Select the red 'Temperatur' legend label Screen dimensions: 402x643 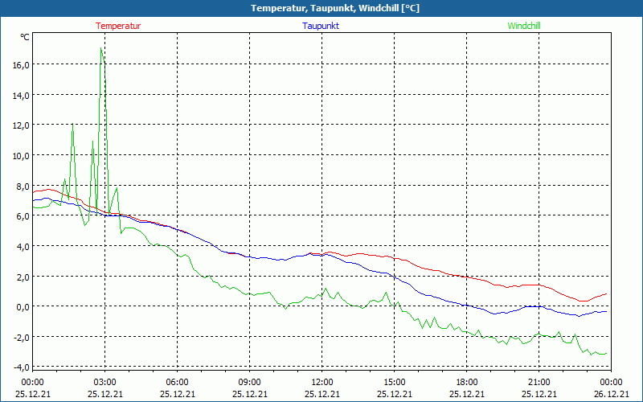tap(118, 26)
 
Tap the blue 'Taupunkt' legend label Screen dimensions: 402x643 tap(321, 26)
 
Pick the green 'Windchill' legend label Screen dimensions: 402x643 tap(524, 26)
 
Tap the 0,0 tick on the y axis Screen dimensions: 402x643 tap(22, 306)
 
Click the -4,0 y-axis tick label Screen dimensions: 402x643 tap(19, 367)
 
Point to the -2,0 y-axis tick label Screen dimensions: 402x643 tap(19, 337)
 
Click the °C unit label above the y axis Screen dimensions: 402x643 tap(25, 37)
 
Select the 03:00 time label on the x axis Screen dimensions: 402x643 tap(104, 382)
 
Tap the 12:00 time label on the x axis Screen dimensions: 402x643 tap(321, 382)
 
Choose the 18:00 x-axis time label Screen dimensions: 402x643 tap(466, 382)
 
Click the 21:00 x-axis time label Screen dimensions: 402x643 tap(539, 382)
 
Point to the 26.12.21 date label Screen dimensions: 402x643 tap(611, 394)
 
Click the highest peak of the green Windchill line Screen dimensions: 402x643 tap(101, 48)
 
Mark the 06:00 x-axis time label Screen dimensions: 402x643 tap(177, 382)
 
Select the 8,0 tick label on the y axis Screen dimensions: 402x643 tap(22, 186)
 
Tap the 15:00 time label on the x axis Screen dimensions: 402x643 tap(394, 382)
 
